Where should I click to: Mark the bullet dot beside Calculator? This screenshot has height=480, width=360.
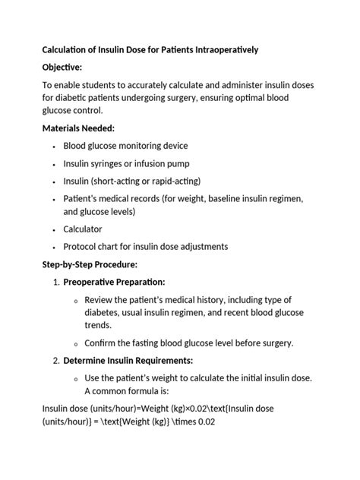(x=54, y=229)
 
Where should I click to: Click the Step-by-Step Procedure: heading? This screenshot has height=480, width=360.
(x=90, y=264)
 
